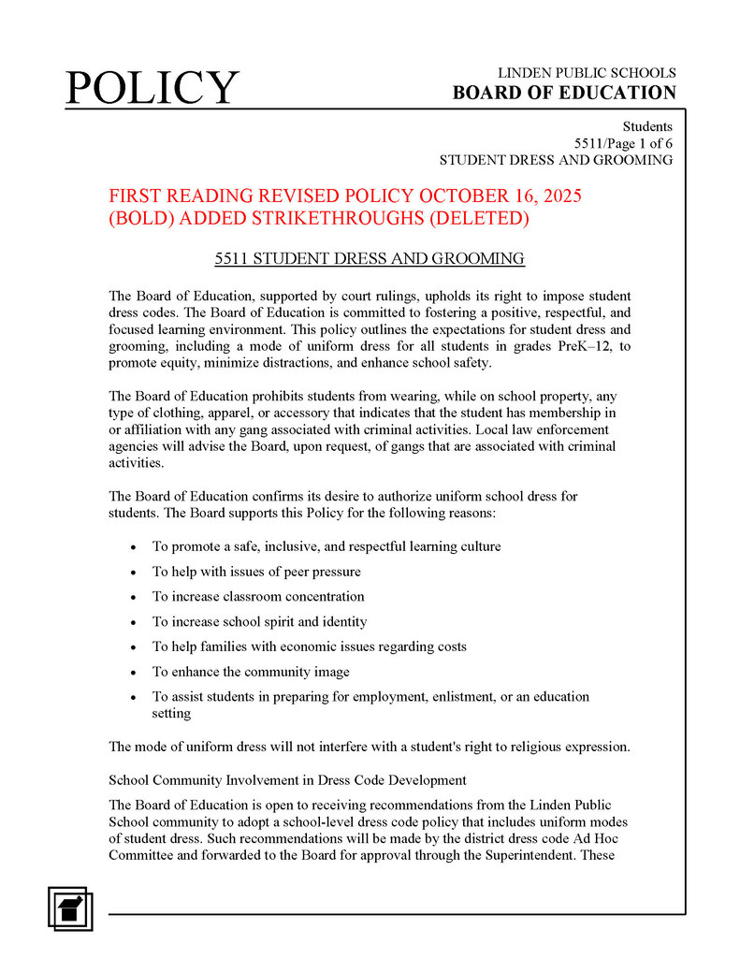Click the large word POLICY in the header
pos(152,88)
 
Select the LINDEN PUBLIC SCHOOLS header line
pos(587,73)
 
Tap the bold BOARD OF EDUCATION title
pos(564,93)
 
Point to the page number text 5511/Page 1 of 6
pos(623,143)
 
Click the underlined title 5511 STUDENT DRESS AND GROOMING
pos(370,258)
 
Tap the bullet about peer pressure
pos(256,572)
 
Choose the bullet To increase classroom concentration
pos(258,596)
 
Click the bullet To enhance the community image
pos(251,672)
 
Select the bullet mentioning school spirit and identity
pos(259,621)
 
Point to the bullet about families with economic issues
pos(309,646)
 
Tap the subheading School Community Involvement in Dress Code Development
pos(287,780)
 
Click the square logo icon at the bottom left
pos(71,907)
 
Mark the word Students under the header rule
pos(647,126)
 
